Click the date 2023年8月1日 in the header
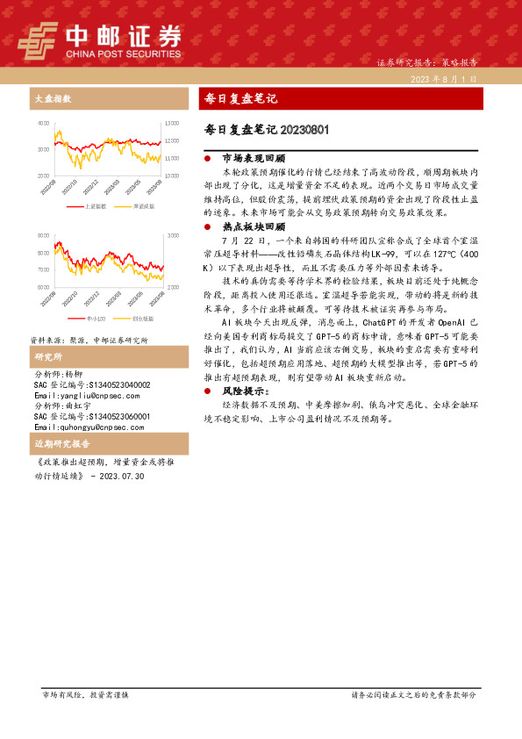(x=448, y=79)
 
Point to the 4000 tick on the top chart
(x=43, y=124)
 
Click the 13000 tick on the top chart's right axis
(x=172, y=124)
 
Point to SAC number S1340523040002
(x=90, y=384)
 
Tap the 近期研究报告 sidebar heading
(x=58, y=445)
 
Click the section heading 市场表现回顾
(x=254, y=159)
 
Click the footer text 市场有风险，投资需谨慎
(x=85, y=694)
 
